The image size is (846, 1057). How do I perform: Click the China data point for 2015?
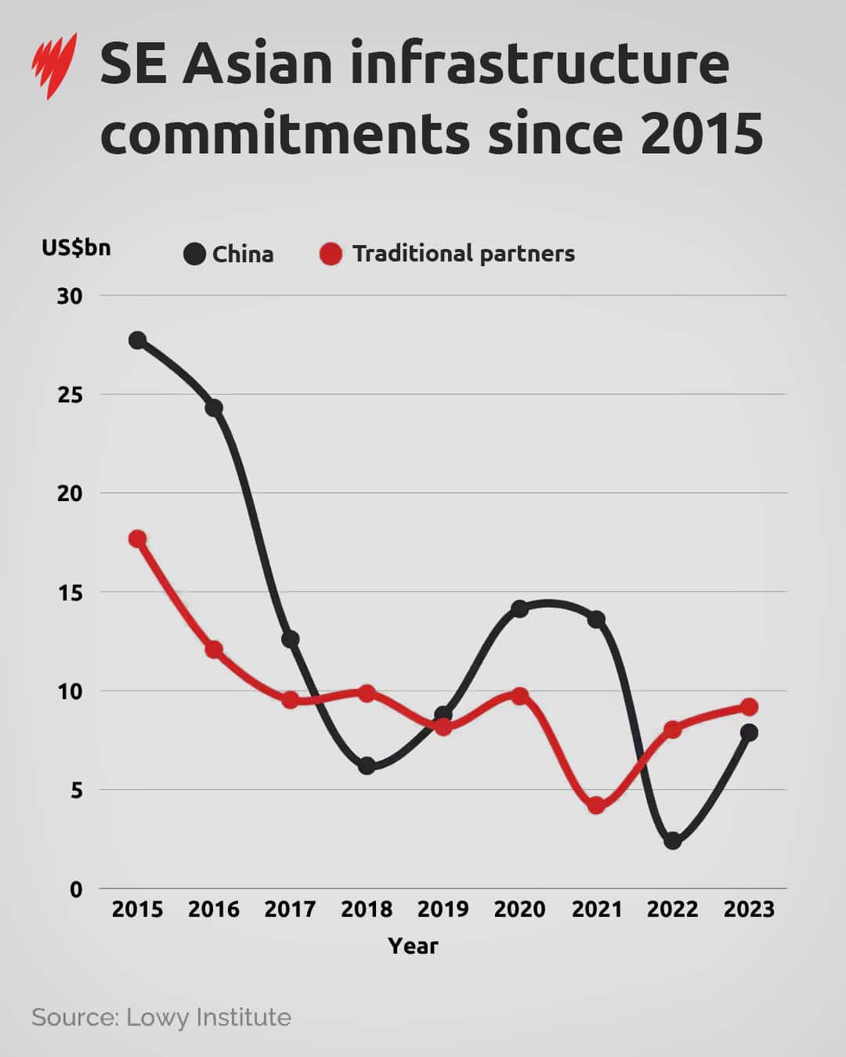(138, 340)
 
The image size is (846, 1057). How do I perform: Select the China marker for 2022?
(672, 841)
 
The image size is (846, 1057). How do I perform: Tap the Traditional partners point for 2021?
(596, 805)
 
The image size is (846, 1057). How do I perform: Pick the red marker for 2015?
(138, 539)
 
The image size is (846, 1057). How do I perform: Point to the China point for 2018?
(367, 766)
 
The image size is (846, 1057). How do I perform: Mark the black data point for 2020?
(519, 608)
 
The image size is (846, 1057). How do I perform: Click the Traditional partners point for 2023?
(749, 707)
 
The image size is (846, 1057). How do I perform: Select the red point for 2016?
(214, 649)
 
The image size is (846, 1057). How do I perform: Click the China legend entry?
(229, 254)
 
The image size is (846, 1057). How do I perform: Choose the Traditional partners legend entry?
(447, 254)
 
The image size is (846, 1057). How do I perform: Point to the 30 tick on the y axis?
(70, 296)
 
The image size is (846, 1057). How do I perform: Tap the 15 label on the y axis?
(70, 593)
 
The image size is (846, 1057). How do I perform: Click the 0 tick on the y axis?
(76, 889)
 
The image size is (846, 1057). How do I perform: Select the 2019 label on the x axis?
(443, 910)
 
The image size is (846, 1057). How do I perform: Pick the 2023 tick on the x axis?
(749, 910)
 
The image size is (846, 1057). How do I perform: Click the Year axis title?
(413, 946)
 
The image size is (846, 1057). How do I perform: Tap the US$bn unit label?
(76, 248)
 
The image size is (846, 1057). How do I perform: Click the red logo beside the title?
(54, 66)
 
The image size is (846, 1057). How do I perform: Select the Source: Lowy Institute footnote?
(161, 1017)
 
